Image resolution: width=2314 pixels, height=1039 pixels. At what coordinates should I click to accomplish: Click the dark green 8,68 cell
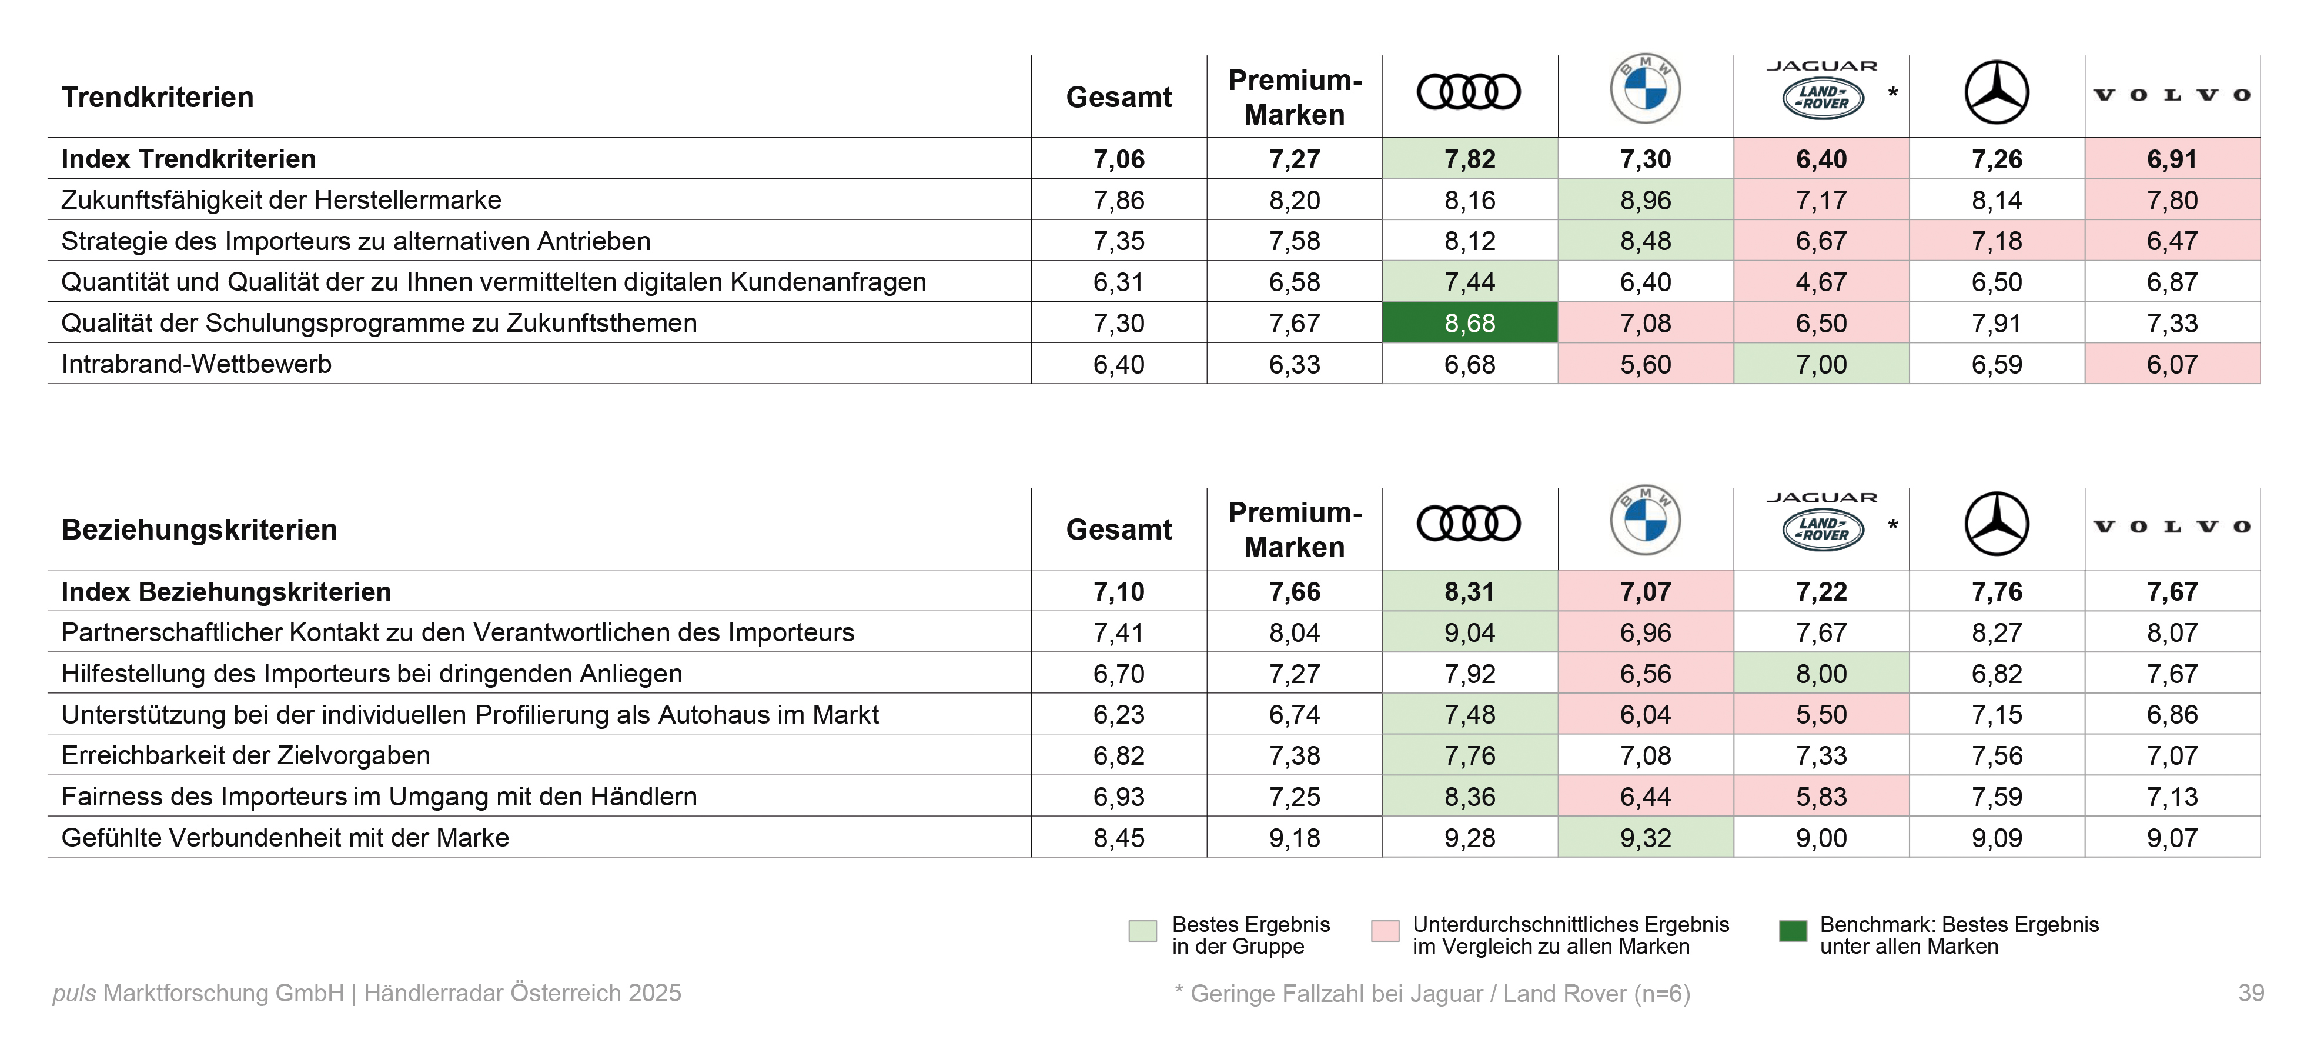tap(1470, 322)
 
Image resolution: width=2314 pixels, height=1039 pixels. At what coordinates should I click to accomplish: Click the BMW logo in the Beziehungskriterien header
tap(1645, 521)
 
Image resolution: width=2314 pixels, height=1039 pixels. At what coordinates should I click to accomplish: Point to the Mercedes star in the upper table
tap(1996, 92)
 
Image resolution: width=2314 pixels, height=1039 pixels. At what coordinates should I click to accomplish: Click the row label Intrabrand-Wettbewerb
tap(197, 364)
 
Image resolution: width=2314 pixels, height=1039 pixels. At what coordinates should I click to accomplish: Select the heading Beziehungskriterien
tap(199, 530)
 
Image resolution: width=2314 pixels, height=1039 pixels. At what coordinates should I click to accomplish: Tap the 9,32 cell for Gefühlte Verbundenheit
tap(1645, 838)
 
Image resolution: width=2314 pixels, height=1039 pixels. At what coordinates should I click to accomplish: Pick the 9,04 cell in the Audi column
tap(1470, 632)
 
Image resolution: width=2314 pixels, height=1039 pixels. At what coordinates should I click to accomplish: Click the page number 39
tap(2251, 993)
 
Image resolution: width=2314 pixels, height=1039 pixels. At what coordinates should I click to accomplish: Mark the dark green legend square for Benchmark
tap(1793, 931)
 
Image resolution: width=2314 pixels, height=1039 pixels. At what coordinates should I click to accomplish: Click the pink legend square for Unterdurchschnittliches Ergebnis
tap(1385, 931)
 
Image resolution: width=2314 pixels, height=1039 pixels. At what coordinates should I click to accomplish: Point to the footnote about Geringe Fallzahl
tap(1432, 993)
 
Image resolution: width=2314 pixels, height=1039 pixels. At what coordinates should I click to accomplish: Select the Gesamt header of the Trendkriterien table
tap(1118, 97)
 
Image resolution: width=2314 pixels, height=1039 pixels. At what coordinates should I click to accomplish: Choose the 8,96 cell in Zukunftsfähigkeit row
tap(1645, 199)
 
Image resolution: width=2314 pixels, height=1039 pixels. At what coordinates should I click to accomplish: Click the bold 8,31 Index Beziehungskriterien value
tap(1470, 591)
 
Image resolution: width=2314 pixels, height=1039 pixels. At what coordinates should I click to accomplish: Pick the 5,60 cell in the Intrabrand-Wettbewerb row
tap(1645, 364)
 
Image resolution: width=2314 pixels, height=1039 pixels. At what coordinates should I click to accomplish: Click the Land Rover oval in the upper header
tap(1823, 98)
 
